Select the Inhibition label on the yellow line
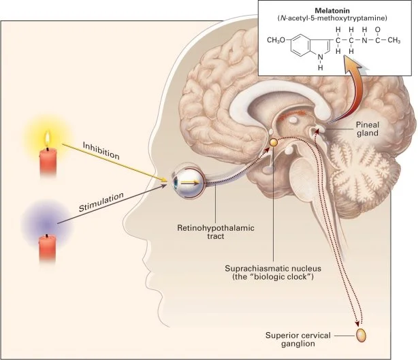pos(101,150)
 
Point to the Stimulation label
pos(102,200)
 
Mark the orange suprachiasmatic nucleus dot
pos(272,142)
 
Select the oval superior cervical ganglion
pos(361,334)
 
